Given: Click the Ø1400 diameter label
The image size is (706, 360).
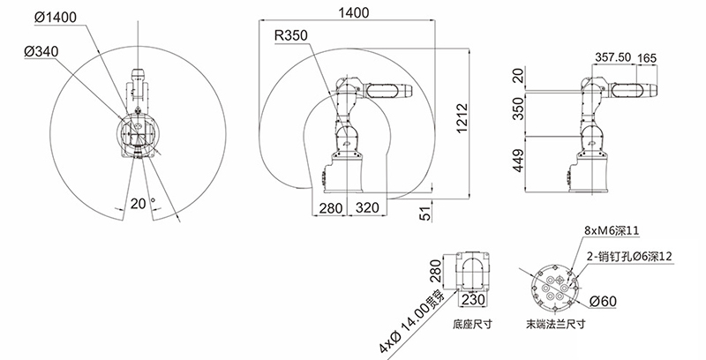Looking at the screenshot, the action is (x=56, y=17).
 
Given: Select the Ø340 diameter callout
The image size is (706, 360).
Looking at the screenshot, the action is (x=41, y=52).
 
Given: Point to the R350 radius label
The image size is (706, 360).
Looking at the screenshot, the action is (x=291, y=35).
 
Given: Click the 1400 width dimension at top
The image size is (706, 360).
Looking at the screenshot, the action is (x=354, y=12).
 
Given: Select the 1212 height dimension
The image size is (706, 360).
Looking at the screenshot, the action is (x=462, y=118).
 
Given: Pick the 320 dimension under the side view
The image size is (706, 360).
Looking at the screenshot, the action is (x=367, y=208).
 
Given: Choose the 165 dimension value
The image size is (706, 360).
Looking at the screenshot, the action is (x=647, y=58).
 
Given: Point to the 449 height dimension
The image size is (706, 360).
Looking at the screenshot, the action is (x=519, y=161).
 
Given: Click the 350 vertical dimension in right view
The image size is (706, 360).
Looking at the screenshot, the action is (x=519, y=108).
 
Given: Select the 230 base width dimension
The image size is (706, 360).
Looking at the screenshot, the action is (x=474, y=299).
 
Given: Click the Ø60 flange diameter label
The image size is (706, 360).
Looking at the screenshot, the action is (x=603, y=301).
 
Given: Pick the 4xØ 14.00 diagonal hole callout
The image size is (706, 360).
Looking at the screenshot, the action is (x=411, y=322).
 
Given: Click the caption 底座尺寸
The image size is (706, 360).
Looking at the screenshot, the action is (x=472, y=324).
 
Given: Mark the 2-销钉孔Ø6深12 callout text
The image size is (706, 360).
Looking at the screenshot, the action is (x=629, y=257).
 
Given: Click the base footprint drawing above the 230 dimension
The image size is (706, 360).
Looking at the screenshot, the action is (x=473, y=272).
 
